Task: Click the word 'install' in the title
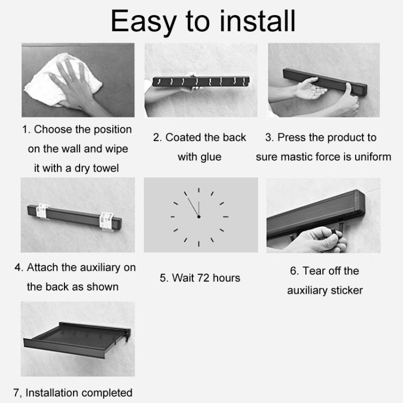pyautogui.click(x=257, y=21)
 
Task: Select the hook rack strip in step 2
pyautogui.click(x=201, y=81)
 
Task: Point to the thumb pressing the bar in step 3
pyautogui.click(x=350, y=98)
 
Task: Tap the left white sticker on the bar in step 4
pyautogui.click(x=42, y=211)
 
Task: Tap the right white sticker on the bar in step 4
pyautogui.click(x=106, y=221)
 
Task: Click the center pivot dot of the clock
pyautogui.click(x=199, y=217)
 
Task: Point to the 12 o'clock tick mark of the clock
pyautogui.click(x=199, y=190)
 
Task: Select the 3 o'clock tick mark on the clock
pyautogui.click(x=226, y=217)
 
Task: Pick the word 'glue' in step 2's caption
pyautogui.click(x=211, y=157)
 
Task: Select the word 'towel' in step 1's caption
pyautogui.click(x=106, y=168)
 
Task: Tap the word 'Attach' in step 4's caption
pyautogui.click(x=42, y=268)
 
